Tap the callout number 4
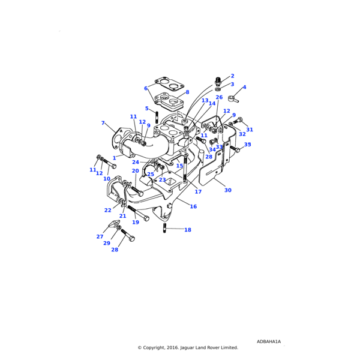coord(244,88)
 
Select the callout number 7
coord(103,124)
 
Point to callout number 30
coord(228,190)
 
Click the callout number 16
coord(193,206)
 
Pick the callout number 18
coord(188,230)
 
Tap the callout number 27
coord(100,236)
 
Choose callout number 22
coord(108,210)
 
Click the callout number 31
coord(250,130)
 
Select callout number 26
coord(219,97)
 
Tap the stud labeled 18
coord(165,229)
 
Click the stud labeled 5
coord(157,116)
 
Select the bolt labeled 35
coord(235,149)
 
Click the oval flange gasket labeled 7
coord(118,139)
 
